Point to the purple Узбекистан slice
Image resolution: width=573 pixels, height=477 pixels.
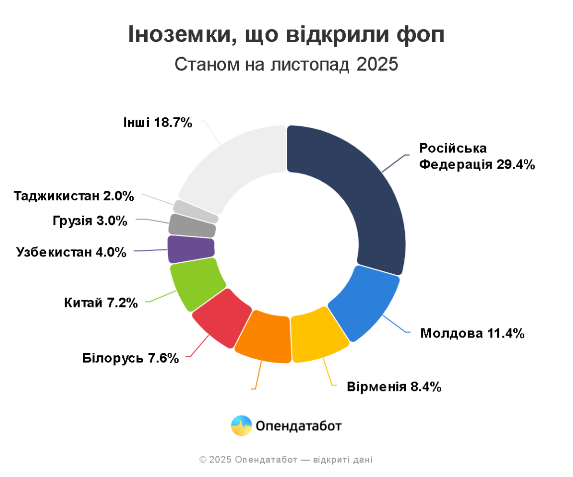pos(191,249)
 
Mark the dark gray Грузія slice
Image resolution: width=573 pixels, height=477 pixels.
pos(192,226)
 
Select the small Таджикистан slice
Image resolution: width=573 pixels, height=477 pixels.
pos(195,212)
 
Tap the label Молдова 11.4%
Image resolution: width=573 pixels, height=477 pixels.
pos(472,333)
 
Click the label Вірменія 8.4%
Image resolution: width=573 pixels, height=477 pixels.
pos(394,386)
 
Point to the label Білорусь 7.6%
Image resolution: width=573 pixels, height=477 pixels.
pos(130,358)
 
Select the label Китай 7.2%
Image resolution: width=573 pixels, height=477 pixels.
pos(100,302)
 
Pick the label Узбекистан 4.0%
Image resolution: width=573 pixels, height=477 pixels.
pos(71,252)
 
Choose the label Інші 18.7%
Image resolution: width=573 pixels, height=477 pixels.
pos(158,122)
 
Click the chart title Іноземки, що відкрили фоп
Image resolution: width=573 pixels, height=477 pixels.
pos(286,35)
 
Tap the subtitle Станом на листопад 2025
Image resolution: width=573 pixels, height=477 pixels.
pos(286,65)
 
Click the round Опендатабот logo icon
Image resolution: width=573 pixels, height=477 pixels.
pos(242,425)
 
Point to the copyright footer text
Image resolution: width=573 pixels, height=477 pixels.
pos(286,460)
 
